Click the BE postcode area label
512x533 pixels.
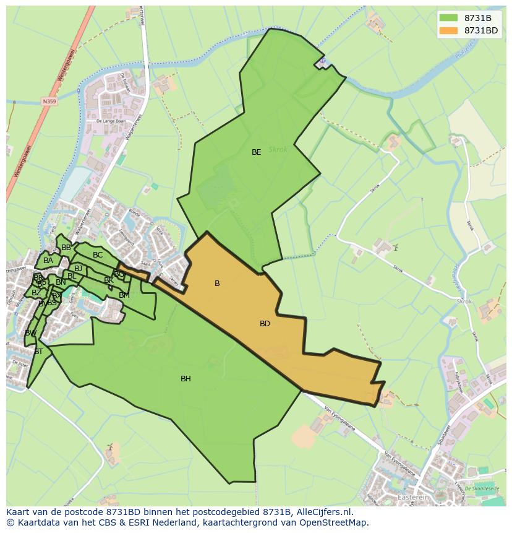click(x=256, y=152)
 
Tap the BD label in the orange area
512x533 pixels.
click(x=265, y=324)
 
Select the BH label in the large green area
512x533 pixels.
click(x=186, y=379)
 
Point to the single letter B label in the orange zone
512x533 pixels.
click(x=217, y=284)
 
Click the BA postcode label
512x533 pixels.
click(x=48, y=261)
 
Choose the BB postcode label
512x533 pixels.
click(x=66, y=248)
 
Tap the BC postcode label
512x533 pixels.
click(x=98, y=255)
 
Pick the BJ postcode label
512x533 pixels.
click(x=78, y=268)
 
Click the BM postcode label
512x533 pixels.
click(x=124, y=295)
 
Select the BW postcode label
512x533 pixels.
click(x=30, y=333)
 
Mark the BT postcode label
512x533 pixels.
click(x=38, y=352)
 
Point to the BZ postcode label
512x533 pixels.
click(x=36, y=293)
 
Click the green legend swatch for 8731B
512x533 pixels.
click(x=448, y=17)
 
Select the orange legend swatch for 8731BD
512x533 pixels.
click(x=448, y=30)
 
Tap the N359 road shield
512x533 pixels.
click(x=49, y=101)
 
